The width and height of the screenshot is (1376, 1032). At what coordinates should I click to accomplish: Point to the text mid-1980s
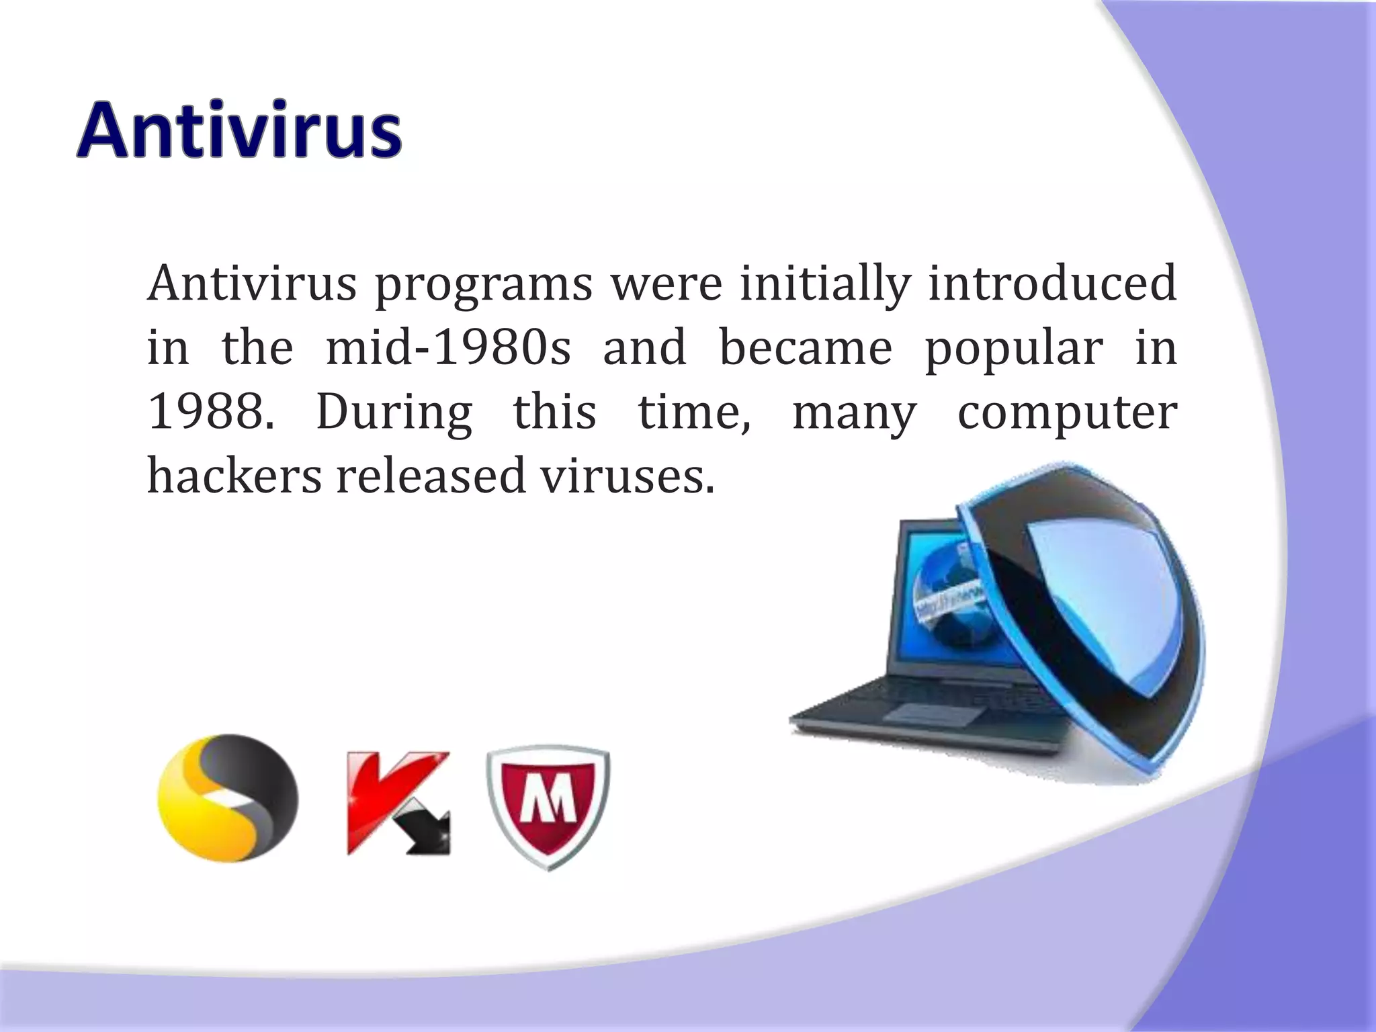(x=448, y=347)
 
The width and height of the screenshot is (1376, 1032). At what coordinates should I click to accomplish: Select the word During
(x=394, y=413)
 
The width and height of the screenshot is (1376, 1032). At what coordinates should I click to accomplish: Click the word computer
(x=1067, y=413)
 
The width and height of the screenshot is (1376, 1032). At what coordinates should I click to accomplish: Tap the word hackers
(x=234, y=475)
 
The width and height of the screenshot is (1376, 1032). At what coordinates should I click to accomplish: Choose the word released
(x=431, y=475)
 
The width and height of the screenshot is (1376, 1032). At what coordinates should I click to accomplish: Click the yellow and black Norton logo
(x=228, y=798)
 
